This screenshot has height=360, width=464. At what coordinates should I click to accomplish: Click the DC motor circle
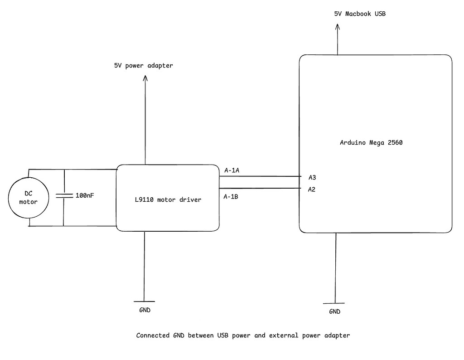[28, 198]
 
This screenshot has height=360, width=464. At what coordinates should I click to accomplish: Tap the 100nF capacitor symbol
[63, 195]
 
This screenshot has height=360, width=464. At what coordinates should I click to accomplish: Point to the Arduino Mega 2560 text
[371, 142]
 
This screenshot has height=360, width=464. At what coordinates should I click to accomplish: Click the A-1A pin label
[232, 170]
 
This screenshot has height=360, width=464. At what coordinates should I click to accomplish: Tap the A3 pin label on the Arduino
[312, 177]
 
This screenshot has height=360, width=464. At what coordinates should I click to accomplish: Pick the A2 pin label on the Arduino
[312, 189]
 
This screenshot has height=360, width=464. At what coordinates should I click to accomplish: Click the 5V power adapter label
[143, 66]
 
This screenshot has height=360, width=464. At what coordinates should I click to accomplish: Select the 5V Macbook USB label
[359, 14]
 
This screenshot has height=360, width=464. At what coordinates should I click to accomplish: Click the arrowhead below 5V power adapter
[145, 78]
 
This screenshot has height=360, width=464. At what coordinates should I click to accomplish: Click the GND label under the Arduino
[334, 311]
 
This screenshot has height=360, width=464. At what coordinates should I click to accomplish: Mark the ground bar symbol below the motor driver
[144, 302]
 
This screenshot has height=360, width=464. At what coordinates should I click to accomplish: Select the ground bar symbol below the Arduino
[335, 303]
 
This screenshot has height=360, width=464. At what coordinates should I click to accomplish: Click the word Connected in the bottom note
[153, 336]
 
